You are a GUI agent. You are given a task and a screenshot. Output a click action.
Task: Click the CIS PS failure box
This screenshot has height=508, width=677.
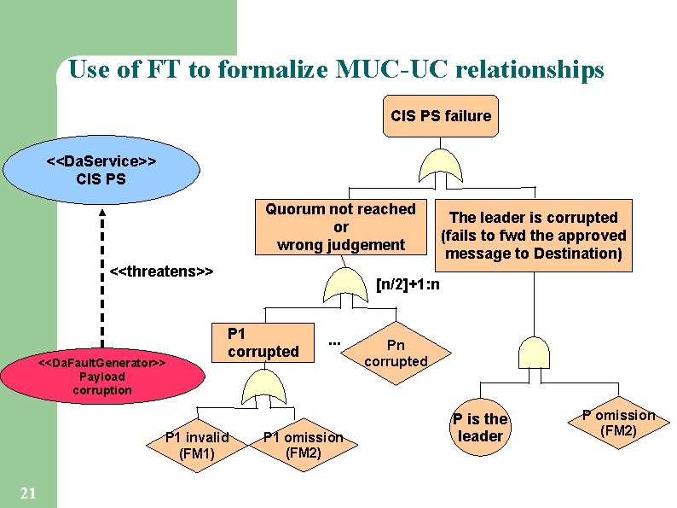click(x=440, y=116)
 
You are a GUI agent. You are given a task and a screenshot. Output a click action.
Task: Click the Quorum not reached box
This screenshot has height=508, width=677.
click(x=340, y=227)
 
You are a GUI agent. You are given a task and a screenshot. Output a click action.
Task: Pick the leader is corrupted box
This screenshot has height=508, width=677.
click(x=533, y=236)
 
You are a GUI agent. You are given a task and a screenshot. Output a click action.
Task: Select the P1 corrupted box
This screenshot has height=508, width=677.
click(x=263, y=343)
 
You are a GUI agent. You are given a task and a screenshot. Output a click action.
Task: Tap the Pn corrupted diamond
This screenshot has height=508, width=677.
click(x=396, y=353)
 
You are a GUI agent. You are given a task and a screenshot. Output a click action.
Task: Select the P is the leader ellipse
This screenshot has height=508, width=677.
click(x=480, y=428)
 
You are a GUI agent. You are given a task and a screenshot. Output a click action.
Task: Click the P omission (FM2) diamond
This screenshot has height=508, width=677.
click(x=619, y=423)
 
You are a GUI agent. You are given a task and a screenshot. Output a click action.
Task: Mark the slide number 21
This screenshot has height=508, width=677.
click(x=27, y=493)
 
